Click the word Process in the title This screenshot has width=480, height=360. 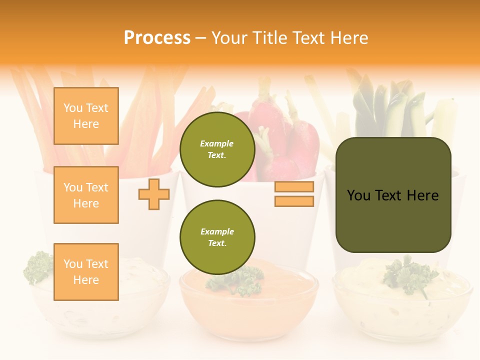click(157, 38)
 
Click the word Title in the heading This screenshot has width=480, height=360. click(272, 38)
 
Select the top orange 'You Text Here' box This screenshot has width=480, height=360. click(86, 116)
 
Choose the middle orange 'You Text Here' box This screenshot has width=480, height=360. click(86, 195)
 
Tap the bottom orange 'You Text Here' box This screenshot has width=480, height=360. click(86, 271)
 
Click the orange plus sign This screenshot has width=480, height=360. click(154, 194)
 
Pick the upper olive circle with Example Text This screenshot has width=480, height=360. click(217, 149)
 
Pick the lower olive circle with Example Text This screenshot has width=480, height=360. click(217, 237)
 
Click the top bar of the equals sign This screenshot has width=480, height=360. click(294, 187)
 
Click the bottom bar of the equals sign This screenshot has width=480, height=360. click(294, 201)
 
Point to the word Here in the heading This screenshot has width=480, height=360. click(348, 38)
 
